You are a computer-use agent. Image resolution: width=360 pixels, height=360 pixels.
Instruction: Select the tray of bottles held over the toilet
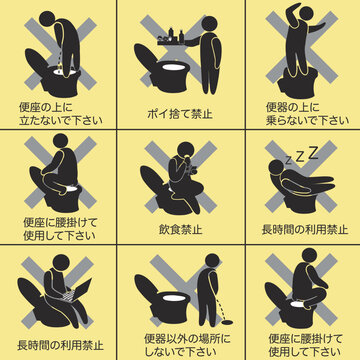pyautogui.click(x=167, y=40)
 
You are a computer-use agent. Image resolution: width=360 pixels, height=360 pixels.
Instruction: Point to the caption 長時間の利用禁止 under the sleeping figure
pyautogui.click(x=302, y=228)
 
